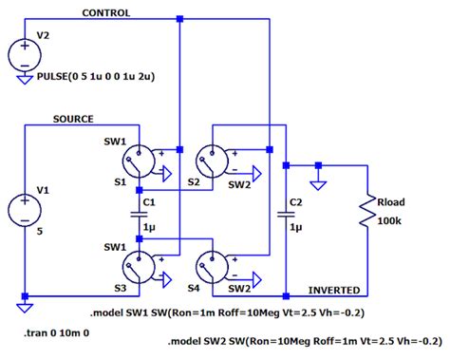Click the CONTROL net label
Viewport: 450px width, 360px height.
click(x=106, y=13)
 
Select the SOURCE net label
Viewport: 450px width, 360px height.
click(x=73, y=119)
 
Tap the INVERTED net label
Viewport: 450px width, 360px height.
click(x=334, y=288)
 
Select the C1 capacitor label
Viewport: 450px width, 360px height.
click(x=148, y=202)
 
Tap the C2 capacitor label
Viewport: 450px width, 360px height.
click(x=295, y=202)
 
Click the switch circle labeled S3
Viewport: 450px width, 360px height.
click(x=139, y=266)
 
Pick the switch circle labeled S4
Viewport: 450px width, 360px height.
click(x=212, y=266)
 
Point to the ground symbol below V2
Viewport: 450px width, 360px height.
click(x=24, y=80)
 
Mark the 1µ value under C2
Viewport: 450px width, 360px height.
click(x=295, y=228)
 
